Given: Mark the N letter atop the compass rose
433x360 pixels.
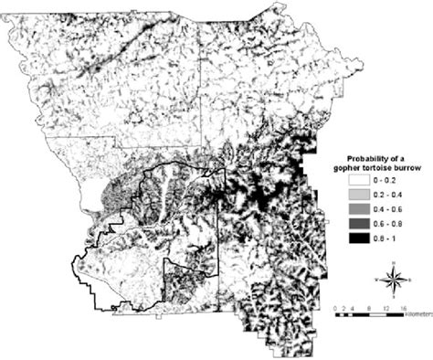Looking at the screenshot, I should [x=392, y=266].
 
